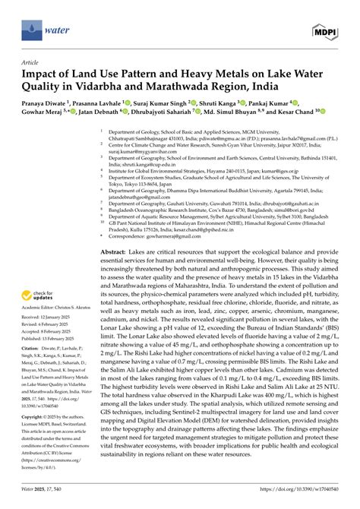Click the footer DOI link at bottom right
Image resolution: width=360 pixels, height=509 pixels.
point(305,501)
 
